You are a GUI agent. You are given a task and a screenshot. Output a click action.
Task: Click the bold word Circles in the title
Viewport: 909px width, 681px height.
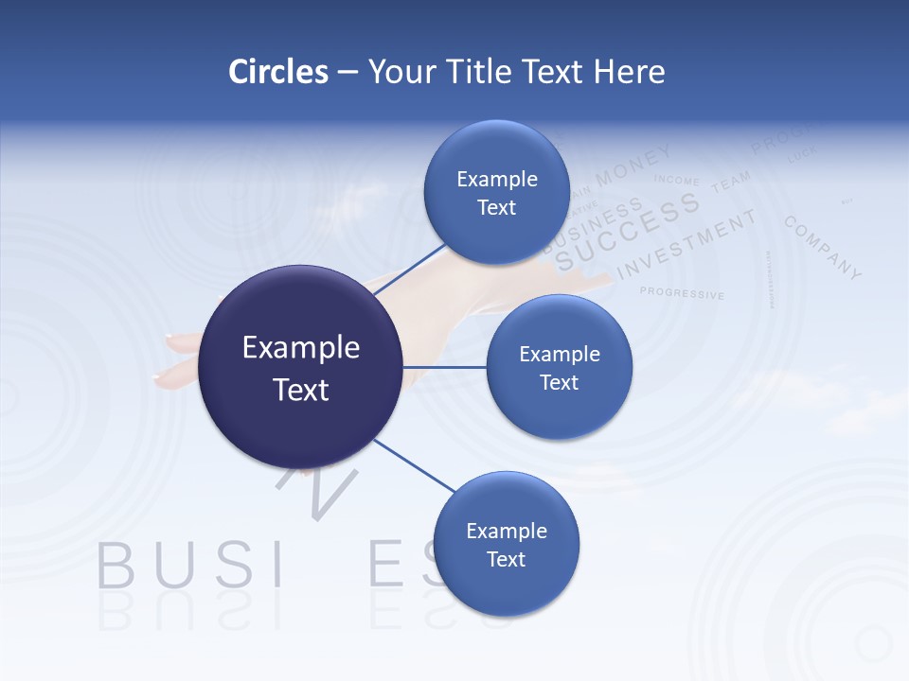click(278, 72)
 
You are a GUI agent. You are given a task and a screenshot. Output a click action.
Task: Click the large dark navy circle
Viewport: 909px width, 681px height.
click(301, 367)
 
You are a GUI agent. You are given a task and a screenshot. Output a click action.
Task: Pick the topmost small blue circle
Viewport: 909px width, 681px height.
click(496, 192)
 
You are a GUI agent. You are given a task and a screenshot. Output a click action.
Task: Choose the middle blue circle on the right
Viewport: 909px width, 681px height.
click(559, 367)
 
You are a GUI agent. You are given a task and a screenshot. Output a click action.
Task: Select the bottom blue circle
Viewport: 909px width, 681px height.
click(506, 544)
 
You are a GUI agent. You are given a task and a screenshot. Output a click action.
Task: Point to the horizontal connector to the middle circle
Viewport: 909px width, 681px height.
click(445, 367)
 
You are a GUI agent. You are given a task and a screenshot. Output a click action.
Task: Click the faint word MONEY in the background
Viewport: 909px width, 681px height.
click(633, 165)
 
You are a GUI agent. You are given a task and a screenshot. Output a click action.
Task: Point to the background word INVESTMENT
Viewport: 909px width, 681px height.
click(686, 245)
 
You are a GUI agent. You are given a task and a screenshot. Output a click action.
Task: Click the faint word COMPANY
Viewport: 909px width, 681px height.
click(823, 248)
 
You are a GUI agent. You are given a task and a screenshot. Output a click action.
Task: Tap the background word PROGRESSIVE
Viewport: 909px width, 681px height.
click(682, 293)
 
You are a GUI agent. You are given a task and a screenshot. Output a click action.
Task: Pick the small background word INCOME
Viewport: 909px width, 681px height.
click(676, 180)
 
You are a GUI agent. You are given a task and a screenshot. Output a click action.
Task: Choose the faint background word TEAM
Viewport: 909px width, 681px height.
click(730, 181)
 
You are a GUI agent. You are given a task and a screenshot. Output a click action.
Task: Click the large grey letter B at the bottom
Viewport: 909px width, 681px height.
click(116, 566)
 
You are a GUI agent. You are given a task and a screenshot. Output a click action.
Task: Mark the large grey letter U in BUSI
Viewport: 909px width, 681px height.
click(174, 566)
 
